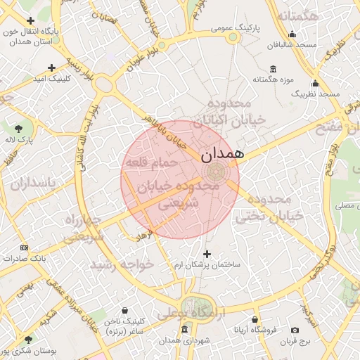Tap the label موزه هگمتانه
click(272, 79)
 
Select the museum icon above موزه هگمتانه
click(272, 69)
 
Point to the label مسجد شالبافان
click(292, 45)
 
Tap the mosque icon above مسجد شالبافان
click(292, 34)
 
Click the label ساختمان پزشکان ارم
click(207, 264)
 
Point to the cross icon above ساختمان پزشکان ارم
click(207, 254)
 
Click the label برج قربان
click(295, 341)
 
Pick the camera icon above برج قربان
click(295, 330)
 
